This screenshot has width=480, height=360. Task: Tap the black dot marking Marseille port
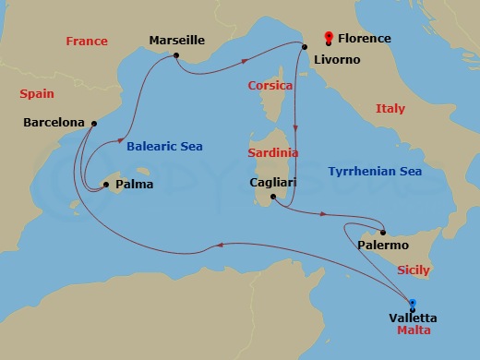(x=175, y=56)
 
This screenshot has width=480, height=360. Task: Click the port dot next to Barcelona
(x=94, y=123)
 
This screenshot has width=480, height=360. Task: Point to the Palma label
(x=134, y=185)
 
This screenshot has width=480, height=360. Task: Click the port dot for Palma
(x=107, y=185)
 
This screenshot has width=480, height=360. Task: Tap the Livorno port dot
(x=304, y=47)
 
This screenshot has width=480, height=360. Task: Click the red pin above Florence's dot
(x=329, y=37)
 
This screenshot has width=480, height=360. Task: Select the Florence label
(x=365, y=39)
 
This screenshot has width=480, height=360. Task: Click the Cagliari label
(x=273, y=182)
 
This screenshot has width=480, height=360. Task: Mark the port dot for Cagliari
(x=271, y=196)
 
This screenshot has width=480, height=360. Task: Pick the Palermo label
(x=383, y=246)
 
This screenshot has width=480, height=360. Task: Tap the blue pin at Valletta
(x=412, y=303)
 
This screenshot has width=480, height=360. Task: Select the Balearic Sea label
(x=164, y=146)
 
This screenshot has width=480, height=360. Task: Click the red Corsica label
(x=270, y=85)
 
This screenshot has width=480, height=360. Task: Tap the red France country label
(x=87, y=41)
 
